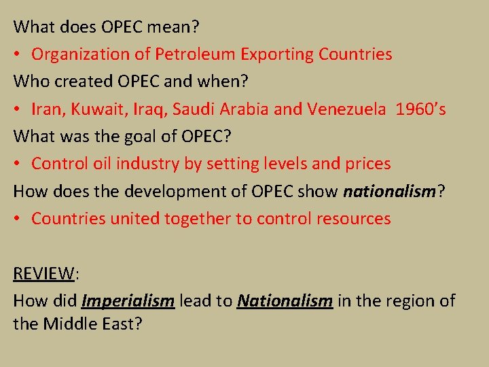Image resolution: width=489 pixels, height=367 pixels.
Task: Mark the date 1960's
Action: tap(419, 109)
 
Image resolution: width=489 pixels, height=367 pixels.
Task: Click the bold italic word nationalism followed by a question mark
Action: tap(389, 191)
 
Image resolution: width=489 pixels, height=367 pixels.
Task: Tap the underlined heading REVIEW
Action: tap(43, 273)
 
